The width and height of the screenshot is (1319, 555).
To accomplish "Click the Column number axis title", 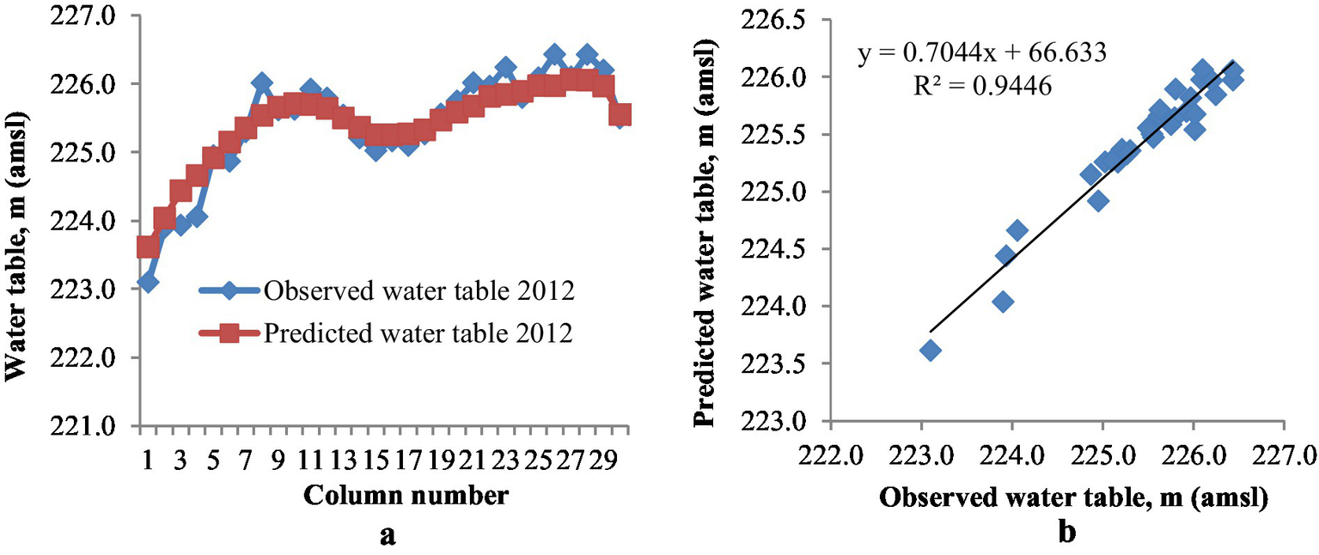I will coord(385,496).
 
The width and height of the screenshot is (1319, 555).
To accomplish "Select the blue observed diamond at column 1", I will coord(148,282).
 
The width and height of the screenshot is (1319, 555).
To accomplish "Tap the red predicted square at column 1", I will coord(148,247).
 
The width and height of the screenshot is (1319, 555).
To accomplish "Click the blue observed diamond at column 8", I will coord(262,83).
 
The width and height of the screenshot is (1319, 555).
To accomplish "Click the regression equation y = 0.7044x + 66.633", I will coord(981,55).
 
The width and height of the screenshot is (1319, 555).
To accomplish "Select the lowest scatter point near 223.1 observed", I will coord(930,350).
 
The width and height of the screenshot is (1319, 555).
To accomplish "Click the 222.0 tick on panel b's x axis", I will coord(831,453).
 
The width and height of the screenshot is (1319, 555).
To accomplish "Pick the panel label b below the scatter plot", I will coord(1066,534).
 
